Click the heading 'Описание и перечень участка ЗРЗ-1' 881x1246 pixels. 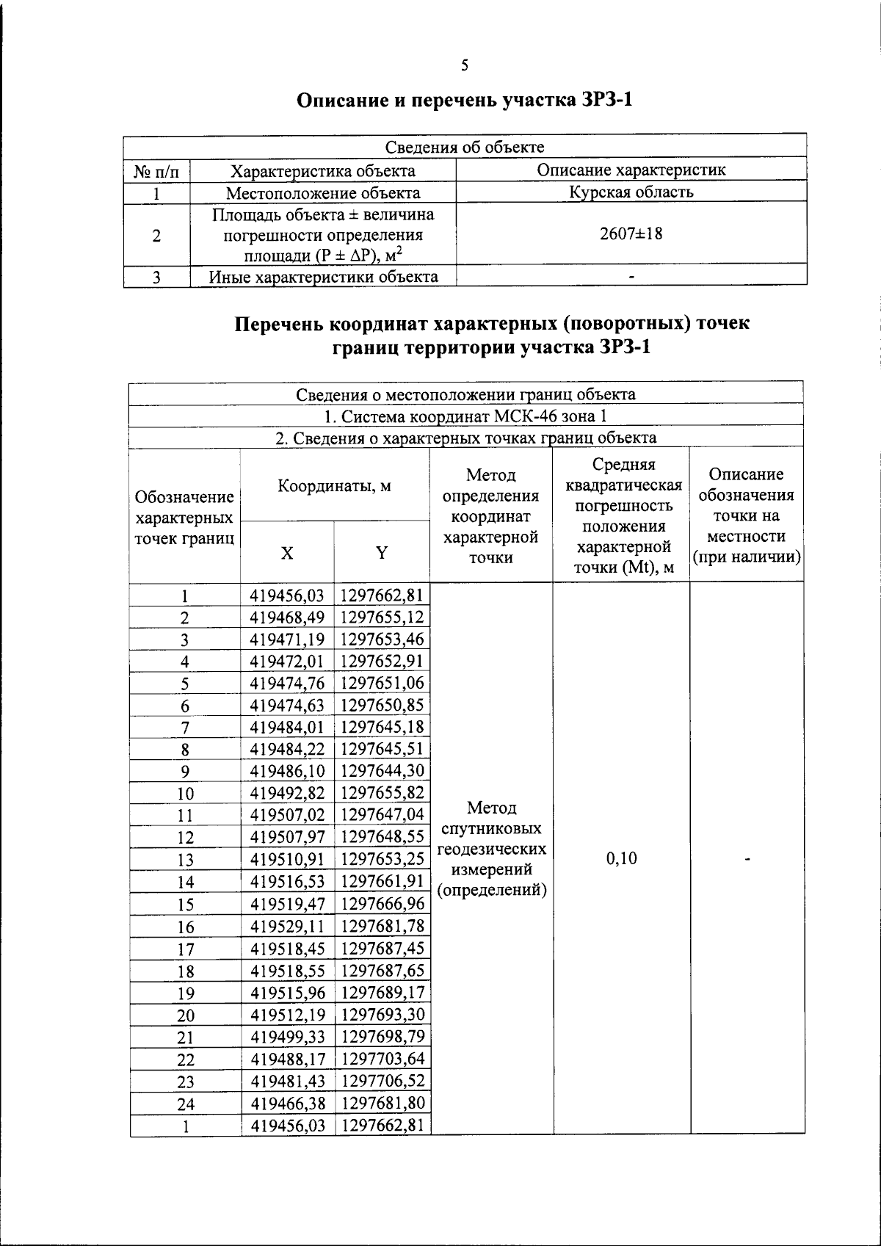coord(464,101)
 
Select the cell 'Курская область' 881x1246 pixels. coord(631,192)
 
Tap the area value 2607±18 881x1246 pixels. coord(631,234)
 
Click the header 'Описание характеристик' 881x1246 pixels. coord(631,170)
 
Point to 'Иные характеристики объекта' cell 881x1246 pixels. coord(323,277)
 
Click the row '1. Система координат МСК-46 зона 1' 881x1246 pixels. coord(465,416)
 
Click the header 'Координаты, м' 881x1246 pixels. coord(334,485)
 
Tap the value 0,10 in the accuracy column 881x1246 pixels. coord(622,858)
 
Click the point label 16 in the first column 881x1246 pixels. coord(185,927)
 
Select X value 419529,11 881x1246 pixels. coord(287,926)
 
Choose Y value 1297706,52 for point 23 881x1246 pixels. coord(383,1080)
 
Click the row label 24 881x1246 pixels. coord(185,1104)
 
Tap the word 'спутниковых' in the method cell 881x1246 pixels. coord(491,829)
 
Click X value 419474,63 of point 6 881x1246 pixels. coord(287,705)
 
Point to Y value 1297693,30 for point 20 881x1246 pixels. coord(383,1014)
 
